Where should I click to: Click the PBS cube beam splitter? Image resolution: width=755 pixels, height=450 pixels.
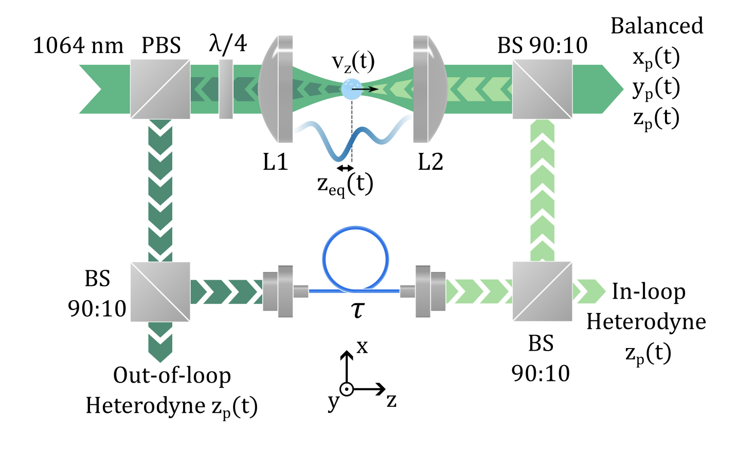tap(160, 89)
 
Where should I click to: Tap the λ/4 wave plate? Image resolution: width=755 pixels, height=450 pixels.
tap(225, 89)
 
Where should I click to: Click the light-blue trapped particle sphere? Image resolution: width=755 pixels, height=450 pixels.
tap(351, 89)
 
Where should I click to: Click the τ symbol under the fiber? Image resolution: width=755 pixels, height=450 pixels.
tap(357, 309)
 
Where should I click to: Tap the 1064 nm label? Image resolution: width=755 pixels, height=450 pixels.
tap(78, 46)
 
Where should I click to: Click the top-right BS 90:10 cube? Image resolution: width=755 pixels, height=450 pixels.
tap(542, 89)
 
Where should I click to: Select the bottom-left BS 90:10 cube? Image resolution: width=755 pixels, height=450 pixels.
tap(160, 291)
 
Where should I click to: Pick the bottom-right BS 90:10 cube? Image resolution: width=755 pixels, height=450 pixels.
tap(542, 291)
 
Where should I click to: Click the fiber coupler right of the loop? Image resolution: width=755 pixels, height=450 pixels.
tap(427, 291)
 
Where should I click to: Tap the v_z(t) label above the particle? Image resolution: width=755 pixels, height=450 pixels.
tap(353, 62)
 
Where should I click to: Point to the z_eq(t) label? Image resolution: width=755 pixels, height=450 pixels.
tap(345, 184)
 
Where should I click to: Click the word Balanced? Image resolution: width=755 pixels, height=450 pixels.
tap(657, 26)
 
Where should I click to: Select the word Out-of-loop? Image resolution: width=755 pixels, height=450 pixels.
tap(172, 375)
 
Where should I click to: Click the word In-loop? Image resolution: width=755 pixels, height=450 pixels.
tap(649, 291)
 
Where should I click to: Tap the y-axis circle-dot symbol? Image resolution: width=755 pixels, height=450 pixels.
tap(347, 389)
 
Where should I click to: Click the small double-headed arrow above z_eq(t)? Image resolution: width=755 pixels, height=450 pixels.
tap(345, 168)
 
